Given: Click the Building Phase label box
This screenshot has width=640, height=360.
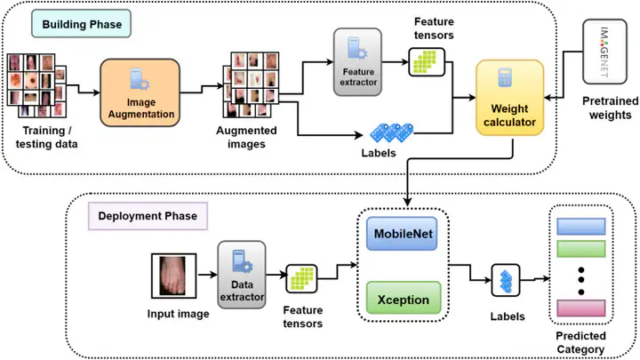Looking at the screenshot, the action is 81,24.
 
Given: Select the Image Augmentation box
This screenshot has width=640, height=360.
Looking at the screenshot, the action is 140,92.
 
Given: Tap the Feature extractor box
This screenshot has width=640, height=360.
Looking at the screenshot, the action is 357,62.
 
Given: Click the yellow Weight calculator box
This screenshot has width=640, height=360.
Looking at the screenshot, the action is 510,98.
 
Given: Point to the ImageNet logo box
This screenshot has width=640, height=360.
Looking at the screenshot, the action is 604,52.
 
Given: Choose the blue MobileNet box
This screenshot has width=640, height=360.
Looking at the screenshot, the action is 402,234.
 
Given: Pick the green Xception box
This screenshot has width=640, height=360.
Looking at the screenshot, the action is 404,299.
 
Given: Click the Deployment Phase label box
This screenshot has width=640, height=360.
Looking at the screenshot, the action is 148,216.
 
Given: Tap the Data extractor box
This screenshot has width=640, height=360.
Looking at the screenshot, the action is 242,275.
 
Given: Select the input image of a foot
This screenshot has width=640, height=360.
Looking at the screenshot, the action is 174,276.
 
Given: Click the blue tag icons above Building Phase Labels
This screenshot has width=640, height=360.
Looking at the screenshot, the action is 391,132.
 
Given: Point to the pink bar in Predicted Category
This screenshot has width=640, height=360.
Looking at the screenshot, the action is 580,308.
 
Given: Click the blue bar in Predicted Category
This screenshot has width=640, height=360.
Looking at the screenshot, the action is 580,227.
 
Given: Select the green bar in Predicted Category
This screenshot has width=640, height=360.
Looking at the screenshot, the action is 580,249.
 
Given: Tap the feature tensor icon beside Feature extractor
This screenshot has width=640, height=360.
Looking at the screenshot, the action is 427,62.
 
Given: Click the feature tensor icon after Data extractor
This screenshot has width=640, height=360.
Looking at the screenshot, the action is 301,279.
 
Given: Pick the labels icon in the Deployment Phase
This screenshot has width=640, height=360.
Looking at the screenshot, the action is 506,280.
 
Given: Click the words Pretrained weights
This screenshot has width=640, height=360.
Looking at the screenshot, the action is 610,108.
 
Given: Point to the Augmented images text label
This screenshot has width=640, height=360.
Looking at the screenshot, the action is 246,137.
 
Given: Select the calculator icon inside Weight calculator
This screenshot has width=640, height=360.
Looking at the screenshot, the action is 505,77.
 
